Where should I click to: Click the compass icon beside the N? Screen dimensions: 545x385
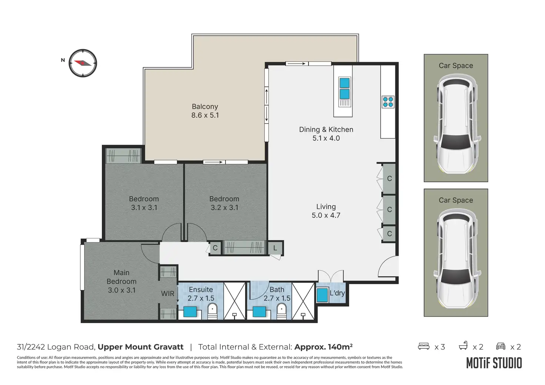click(x=83, y=63)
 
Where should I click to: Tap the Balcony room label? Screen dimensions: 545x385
click(x=205, y=107)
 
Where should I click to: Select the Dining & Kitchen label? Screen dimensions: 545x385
click(x=326, y=129)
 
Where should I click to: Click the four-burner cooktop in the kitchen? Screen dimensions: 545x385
click(x=388, y=102)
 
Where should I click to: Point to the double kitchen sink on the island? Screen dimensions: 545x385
click(x=345, y=88)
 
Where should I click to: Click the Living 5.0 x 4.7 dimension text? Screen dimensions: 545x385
click(x=326, y=215)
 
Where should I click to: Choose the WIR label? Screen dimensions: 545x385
click(x=168, y=294)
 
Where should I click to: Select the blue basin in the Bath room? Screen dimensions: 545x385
click(x=259, y=312)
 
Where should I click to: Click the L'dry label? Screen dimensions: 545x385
click(x=337, y=293)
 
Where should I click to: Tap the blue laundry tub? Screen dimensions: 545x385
click(x=322, y=295)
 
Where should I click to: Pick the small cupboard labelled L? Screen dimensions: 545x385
click(x=275, y=248)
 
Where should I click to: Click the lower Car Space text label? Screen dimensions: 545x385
click(x=456, y=200)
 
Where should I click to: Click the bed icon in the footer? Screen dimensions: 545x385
click(x=424, y=346)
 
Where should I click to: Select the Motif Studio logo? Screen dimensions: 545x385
click(x=494, y=363)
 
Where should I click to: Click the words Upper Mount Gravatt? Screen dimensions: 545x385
click(x=140, y=347)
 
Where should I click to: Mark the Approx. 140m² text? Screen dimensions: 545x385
click(x=323, y=347)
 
